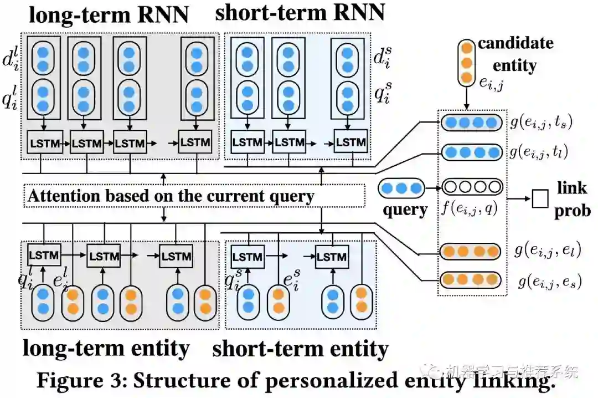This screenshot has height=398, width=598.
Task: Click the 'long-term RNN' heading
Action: point(109,14)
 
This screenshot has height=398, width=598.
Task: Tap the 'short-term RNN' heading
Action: point(300,12)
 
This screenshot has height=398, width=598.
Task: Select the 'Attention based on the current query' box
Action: point(194,196)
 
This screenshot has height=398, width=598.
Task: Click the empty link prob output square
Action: point(540,198)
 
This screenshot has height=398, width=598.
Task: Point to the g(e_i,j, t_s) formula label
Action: point(542,123)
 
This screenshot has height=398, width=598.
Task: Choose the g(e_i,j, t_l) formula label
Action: point(539,152)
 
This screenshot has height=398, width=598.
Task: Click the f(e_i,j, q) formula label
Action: point(470,208)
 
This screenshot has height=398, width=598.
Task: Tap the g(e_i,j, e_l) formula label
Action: point(548,250)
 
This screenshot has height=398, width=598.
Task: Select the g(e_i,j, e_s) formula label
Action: point(550,282)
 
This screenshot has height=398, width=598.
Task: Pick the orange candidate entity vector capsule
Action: point(466,63)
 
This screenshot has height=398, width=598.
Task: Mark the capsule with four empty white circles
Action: point(472,187)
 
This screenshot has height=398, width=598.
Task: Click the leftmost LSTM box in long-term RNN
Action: point(45,142)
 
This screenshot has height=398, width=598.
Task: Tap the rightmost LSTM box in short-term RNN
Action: point(350,142)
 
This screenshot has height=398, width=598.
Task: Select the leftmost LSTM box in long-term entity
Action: point(44,255)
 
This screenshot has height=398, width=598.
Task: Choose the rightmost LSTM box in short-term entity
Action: point(332,257)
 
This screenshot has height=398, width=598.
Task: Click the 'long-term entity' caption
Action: point(106,348)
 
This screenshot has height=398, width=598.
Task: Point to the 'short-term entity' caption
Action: point(300,349)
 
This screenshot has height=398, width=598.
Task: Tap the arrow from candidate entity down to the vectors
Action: point(466,98)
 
